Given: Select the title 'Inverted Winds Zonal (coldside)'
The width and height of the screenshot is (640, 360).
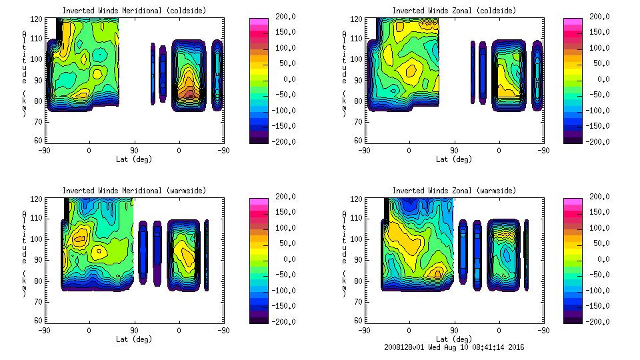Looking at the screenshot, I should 454,10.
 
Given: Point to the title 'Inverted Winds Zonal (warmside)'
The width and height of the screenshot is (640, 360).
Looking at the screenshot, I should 454,190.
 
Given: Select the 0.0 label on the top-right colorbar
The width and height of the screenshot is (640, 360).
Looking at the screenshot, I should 600,79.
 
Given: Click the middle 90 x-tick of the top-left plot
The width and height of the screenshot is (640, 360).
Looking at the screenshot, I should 134,151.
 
